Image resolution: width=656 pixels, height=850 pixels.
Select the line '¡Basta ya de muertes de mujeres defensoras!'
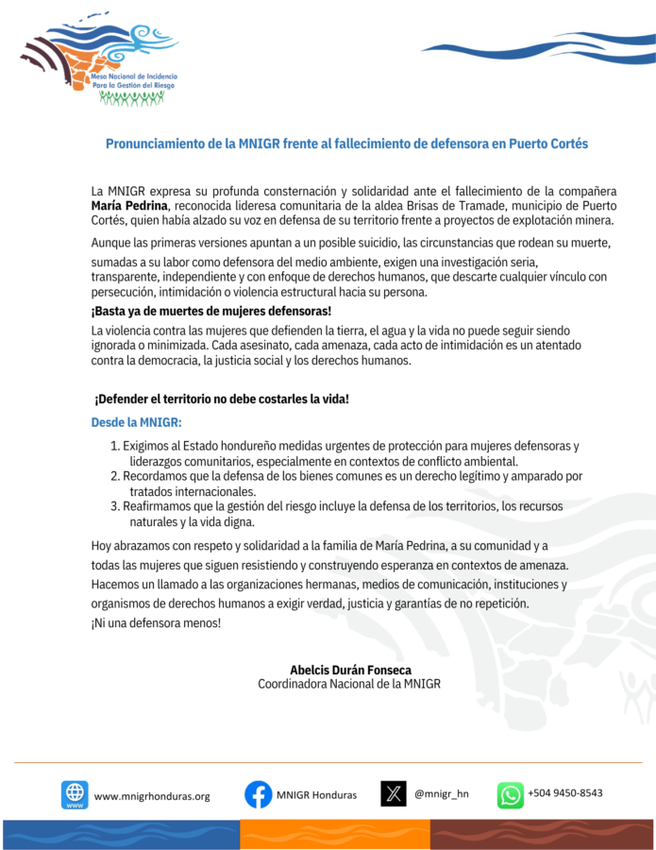[x=210, y=311]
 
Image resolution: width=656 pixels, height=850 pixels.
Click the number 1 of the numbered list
[x=114, y=446]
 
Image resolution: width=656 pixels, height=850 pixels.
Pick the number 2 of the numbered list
[x=114, y=476]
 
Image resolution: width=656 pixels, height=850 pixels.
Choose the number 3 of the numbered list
[x=114, y=507]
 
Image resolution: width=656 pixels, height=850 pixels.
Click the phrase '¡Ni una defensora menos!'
[x=156, y=623]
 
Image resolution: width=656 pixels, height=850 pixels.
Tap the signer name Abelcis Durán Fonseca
[x=350, y=670]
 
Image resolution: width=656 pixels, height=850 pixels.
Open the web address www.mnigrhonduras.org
[x=152, y=796]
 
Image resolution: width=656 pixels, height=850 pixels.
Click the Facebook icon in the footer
[x=259, y=794]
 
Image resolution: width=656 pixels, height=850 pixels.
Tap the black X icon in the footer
[x=394, y=793]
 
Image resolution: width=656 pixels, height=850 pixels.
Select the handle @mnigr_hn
[x=442, y=793]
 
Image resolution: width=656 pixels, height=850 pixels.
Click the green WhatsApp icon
[x=511, y=794]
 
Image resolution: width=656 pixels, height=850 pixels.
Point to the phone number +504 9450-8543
[x=565, y=793]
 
